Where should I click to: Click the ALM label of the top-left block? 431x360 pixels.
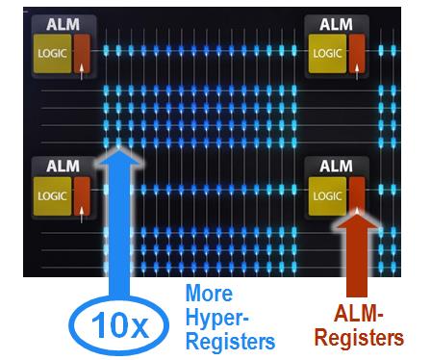[x=60, y=25]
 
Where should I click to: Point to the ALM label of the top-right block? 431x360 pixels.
[x=335, y=24]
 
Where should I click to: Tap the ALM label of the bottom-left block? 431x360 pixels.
[x=60, y=166]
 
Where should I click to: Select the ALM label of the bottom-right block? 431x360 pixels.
[x=335, y=165]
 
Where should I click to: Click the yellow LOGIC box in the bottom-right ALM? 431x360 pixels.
[x=325, y=196]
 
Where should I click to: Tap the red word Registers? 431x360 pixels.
[x=371, y=338]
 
